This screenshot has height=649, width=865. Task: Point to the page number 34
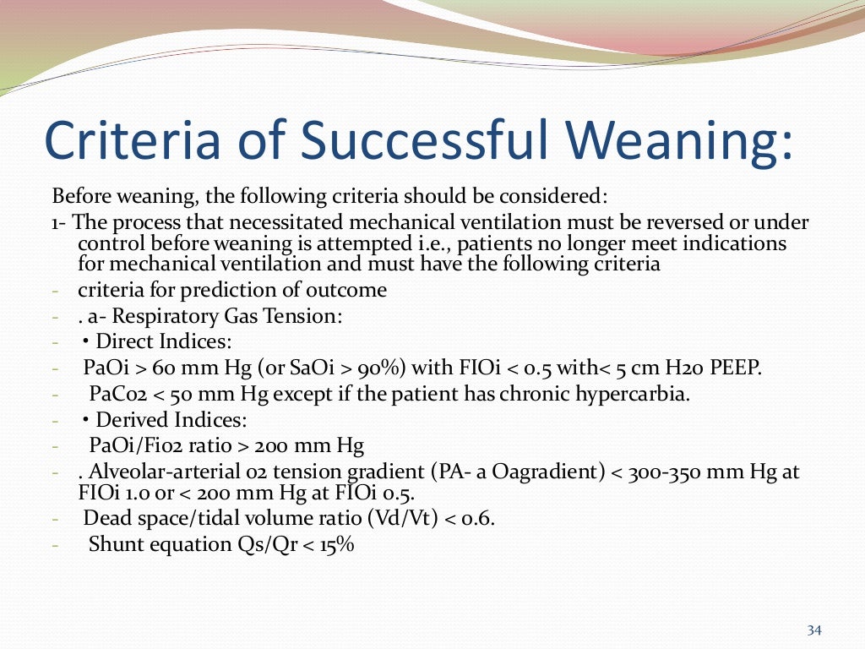(814, 630)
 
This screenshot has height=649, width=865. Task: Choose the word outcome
(350, 290)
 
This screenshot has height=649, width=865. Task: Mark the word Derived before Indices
(130, 419)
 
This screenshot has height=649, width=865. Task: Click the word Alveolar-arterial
(163, 472)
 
